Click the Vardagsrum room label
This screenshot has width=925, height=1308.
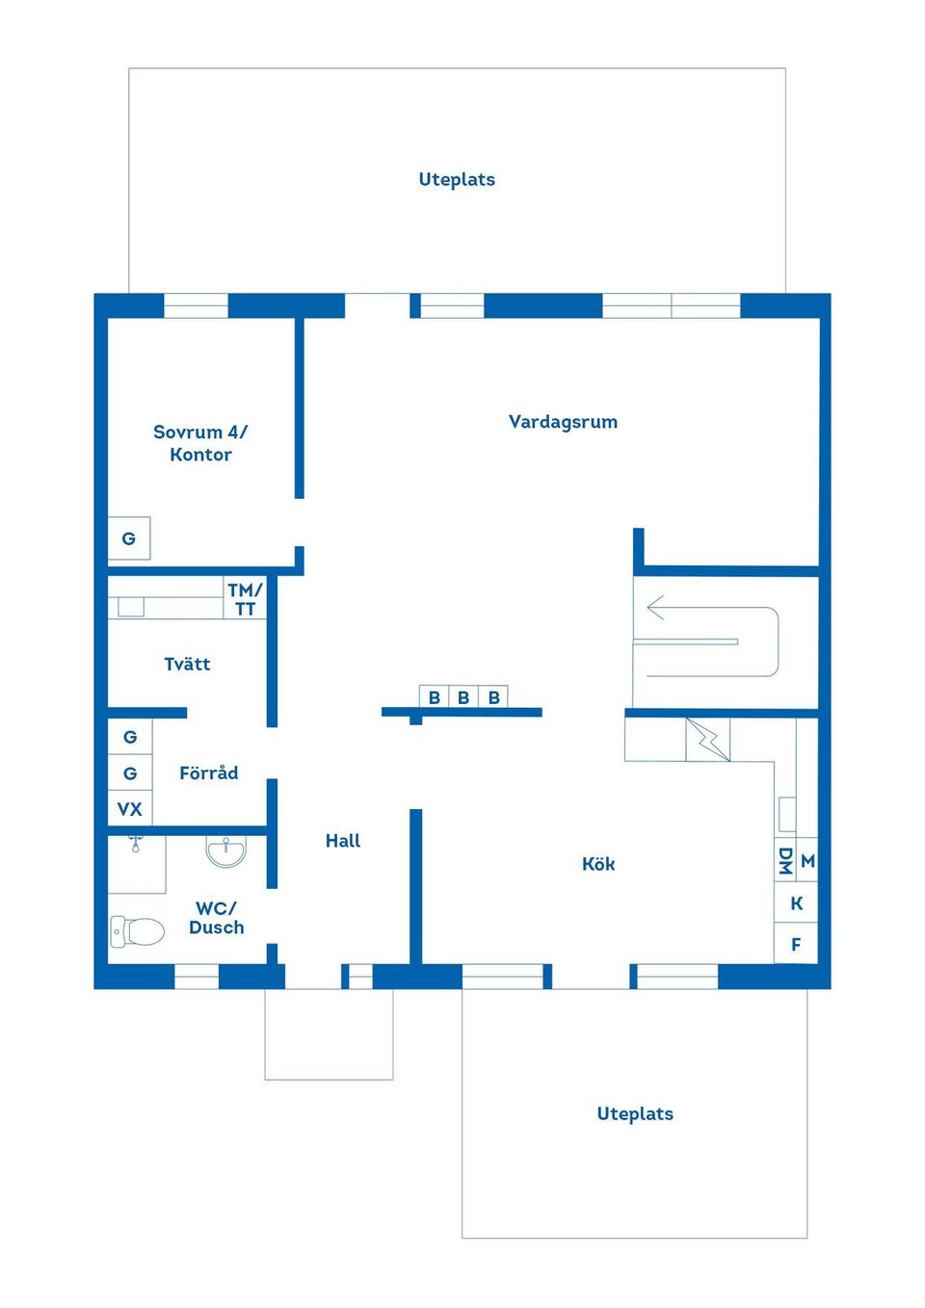[x=563, y=422]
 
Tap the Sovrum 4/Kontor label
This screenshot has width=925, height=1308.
[x=200, y=443]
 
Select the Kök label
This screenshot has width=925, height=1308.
[x=597, y=864]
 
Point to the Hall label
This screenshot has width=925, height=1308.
[x=343, y=841]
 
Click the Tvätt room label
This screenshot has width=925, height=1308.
[x=187, y=664]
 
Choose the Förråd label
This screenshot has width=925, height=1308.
[x=208, y=772]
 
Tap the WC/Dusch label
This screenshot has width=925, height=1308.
[x=217, y=918]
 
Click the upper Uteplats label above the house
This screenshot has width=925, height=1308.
[x=457, y=179]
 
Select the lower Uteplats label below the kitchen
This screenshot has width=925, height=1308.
[x=635, y=1113]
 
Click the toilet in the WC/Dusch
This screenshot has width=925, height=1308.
[x=137, y=931]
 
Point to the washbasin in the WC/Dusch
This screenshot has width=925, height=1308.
[x=226, y=850]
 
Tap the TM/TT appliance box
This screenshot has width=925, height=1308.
[x=245, y=599]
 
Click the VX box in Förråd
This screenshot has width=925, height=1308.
[x=130, y=809]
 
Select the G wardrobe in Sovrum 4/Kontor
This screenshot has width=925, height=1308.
[x=129, y=538]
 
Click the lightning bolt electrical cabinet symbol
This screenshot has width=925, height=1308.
[x=708, y=740]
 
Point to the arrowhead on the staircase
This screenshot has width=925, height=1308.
[x=655, y=608]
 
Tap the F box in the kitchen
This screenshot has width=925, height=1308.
[x=796, y=944]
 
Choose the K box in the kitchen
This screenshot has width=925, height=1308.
[x=796, y=903]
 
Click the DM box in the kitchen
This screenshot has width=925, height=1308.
[x=785, y=861]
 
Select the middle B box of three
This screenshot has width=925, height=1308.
[x=463, y=697]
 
